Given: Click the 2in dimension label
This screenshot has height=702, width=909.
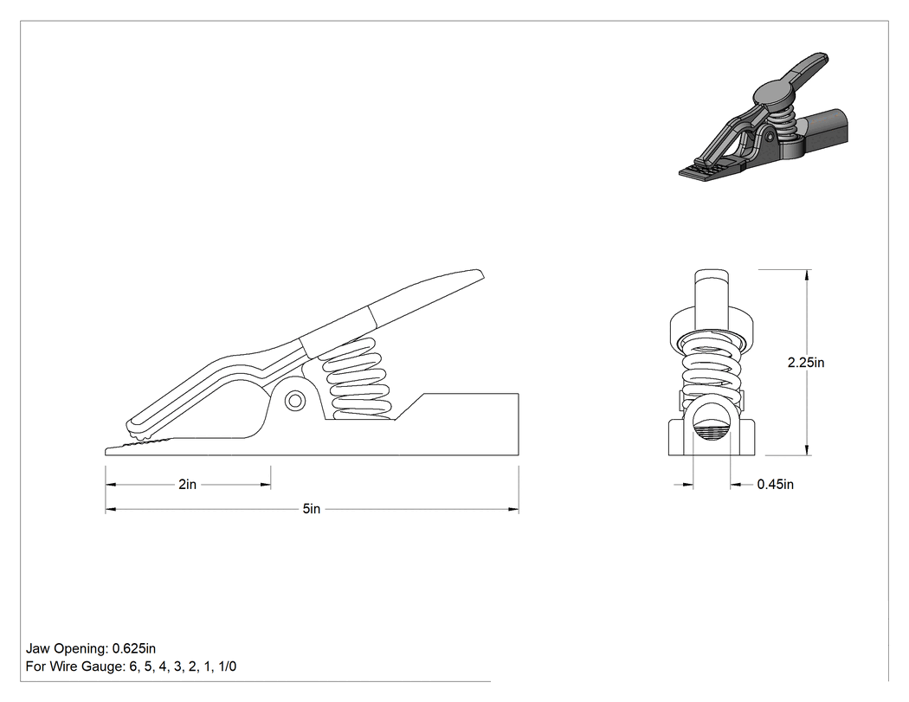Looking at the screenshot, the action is click(187, 484).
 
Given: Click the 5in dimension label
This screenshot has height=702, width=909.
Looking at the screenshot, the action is click(312, 509).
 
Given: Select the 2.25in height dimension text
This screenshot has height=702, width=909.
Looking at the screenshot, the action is click(806, 363).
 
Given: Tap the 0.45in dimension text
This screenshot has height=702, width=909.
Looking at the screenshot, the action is click(775, 484).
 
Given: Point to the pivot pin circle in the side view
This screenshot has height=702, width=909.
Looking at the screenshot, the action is click(295, 401).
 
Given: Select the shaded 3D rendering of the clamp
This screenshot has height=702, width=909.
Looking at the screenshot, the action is click(764, 118).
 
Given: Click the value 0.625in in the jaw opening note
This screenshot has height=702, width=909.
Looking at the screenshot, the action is click(134, 648).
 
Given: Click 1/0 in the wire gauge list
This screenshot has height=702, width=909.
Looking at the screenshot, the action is click(227, 667).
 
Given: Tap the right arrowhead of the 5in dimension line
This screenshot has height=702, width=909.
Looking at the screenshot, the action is click(513, 509).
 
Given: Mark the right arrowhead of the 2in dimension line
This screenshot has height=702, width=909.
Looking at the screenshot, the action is click(266, 485).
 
